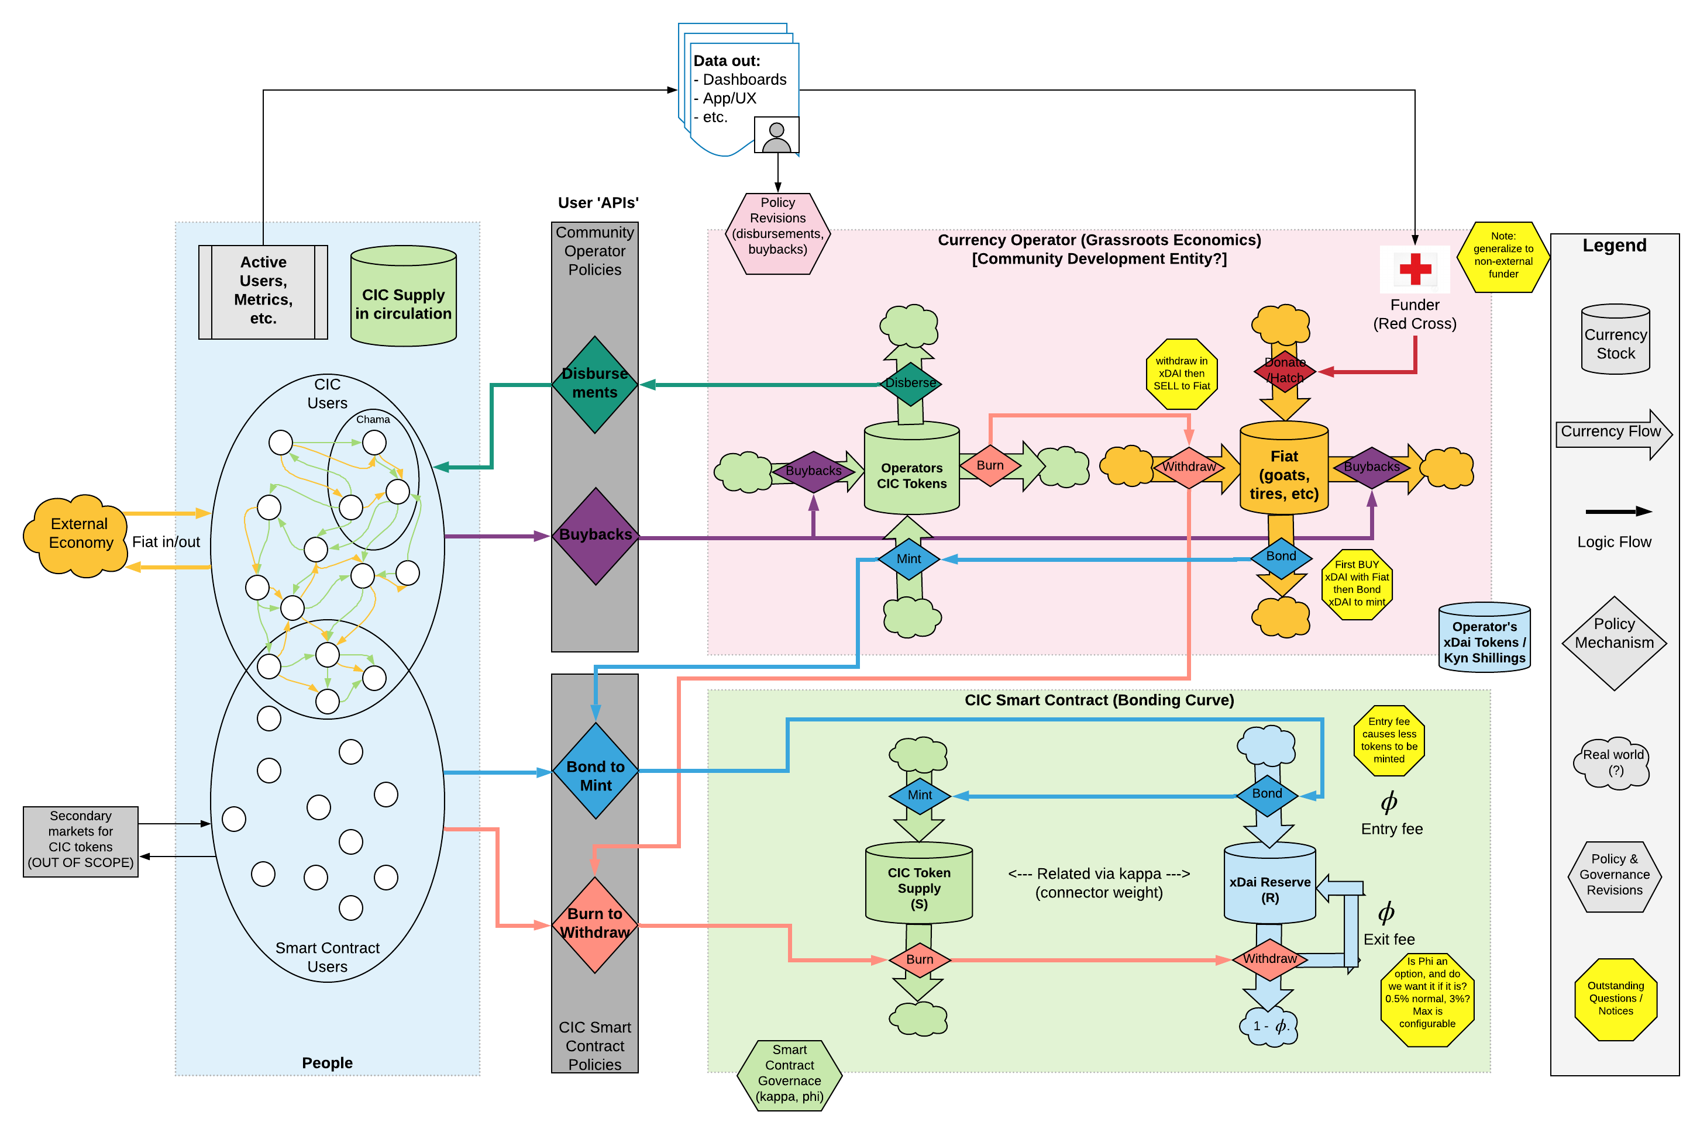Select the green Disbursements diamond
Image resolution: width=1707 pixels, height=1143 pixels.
[x=595, y=384]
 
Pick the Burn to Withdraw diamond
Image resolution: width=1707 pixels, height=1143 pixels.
[x=595, y=924]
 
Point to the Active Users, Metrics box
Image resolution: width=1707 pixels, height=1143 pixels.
[x=263, y=292]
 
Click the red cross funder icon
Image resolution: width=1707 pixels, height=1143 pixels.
[x=1415, y=269]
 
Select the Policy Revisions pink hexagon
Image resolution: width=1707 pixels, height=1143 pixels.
[x=777, y=233]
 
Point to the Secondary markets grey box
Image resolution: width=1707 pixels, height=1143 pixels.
[x=80, y=841]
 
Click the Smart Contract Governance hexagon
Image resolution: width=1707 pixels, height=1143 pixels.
[x=789, y=1075]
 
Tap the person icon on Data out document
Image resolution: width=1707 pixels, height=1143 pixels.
[x=776, y=136]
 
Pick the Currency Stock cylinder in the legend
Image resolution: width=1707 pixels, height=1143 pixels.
[x=1615, y=339]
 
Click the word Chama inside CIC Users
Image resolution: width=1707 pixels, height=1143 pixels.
[x=373, y=419]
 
